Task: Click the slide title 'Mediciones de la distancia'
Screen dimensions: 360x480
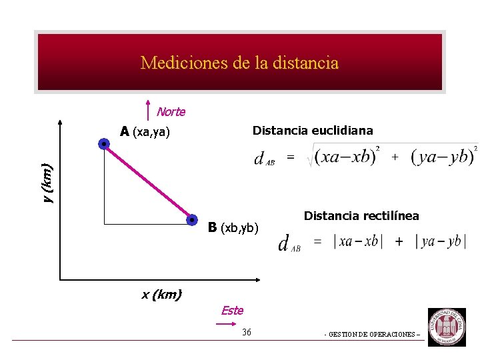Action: [239, 63]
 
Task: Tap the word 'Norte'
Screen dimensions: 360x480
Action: [171, 112]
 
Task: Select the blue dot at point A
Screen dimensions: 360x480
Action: [104, 143]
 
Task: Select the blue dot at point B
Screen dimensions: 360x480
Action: [191, 219]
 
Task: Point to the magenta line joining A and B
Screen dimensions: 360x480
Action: [147, 181]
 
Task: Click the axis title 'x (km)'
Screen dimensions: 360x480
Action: [161, 294]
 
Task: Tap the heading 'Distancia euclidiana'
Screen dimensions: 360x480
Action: [313, 131]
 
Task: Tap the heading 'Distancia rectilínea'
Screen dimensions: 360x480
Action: [361, 215]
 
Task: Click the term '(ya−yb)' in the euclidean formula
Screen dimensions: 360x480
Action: [442, 158]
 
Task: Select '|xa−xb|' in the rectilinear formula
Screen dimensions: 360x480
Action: [357, 241]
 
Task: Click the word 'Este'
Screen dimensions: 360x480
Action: [232, 310]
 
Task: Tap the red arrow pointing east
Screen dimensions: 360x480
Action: [225, 324]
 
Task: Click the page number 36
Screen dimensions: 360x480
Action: [247, 332]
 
